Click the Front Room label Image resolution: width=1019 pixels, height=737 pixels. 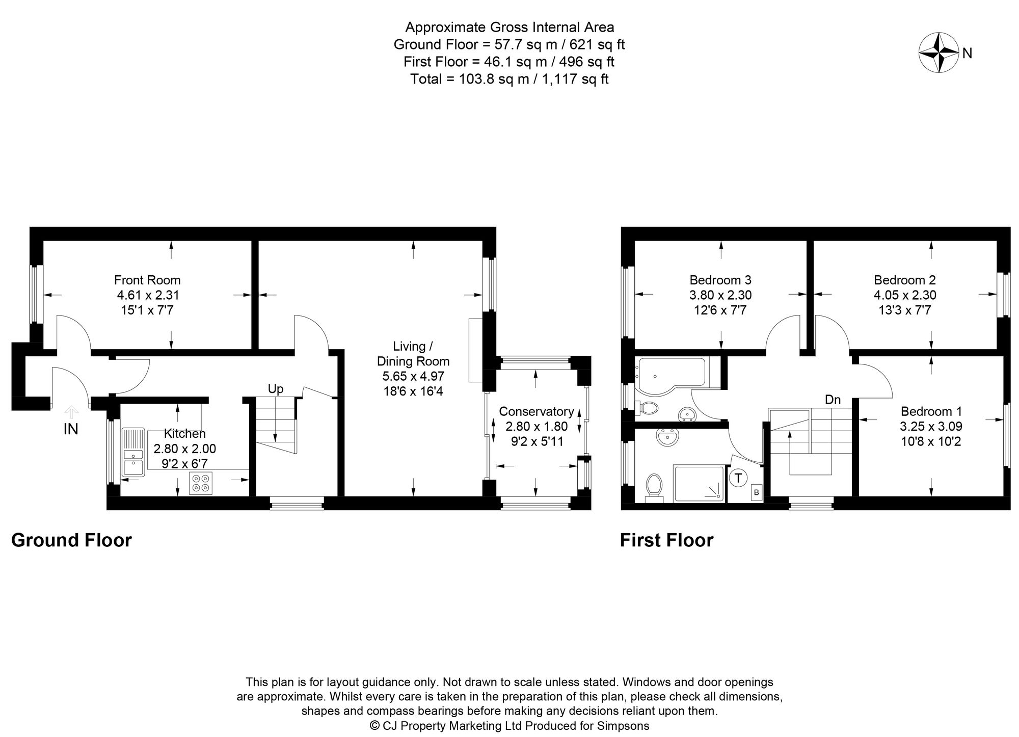click(x=147, y=280)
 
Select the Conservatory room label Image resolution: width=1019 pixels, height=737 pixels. click(x=536, y=411)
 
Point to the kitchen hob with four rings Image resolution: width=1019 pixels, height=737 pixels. click(x=200, y=483)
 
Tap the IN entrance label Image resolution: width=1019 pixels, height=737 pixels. click(x=71, y=430)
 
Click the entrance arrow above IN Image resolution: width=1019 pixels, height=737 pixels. click(x=71, y=411)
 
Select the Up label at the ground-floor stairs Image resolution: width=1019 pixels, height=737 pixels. click(x=275, y=389)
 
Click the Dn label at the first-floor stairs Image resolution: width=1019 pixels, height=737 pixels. click(x=833, y=400)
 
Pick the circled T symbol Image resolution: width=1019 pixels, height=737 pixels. click(x=738, y=478)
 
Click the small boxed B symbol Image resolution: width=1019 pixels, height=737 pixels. click(x=756, y=492)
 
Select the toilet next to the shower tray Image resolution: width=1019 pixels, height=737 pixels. click(x=654, y=485)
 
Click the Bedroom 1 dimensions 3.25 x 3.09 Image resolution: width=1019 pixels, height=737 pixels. click(x=931, y=427)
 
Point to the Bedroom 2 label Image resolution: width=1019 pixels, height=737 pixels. click(x=905, y=280)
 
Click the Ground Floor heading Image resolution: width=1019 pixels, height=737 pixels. click(x=71, y=540)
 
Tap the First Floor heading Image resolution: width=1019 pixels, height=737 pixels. click(x=666, y=540)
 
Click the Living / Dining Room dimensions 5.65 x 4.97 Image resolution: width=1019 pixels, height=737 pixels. click(x=413, y=377)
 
